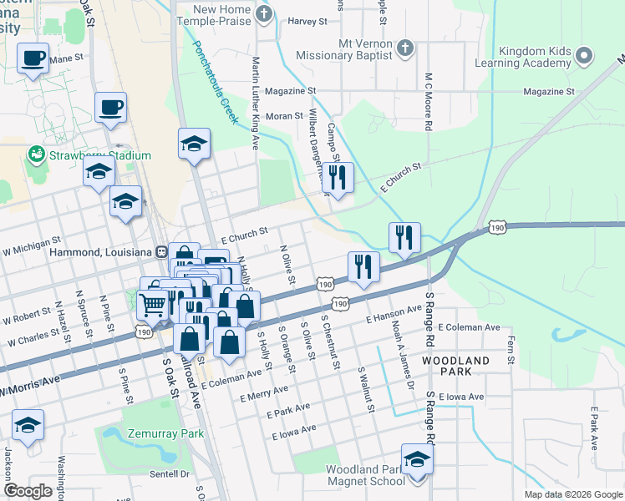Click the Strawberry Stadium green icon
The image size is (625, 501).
click(36, 155)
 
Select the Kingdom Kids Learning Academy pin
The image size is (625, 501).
click(584, 56)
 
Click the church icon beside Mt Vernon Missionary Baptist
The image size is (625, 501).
click(404, 46)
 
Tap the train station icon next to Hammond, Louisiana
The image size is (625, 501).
click(160, 251)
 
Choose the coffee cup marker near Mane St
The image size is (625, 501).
click(33, 59)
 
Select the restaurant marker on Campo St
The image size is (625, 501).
click(338, 178)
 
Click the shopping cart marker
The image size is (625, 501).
click(153, 306)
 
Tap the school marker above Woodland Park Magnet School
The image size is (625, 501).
click(417, 460)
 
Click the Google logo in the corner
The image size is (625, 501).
click(28, 491)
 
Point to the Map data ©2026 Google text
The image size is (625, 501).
click(572, 494)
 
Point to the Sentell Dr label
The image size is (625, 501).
click(170, 473)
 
